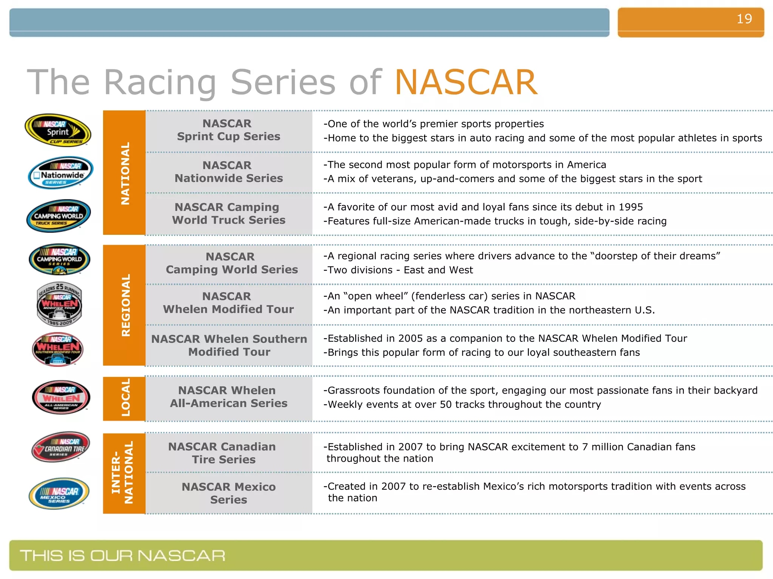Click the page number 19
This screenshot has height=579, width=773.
coord(744,19)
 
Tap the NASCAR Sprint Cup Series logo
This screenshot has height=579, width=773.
coord(58,130)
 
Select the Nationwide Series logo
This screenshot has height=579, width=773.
coord(60,173)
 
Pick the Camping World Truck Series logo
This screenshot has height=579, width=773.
coord(59,216)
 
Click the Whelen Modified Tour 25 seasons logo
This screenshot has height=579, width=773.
coord(59,304)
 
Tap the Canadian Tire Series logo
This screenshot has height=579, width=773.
coord(60,447)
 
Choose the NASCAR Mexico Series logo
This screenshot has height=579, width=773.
coord(59,494)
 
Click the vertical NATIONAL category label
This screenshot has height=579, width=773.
coord(125,173)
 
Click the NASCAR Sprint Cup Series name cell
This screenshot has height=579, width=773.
coord(228,130)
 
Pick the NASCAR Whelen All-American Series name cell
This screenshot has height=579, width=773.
coord(228,397)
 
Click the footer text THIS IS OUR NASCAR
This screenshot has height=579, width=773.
coord(122,556)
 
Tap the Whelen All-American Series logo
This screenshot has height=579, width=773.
coord(61,397)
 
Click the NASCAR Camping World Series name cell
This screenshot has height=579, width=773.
coord(231,263)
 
